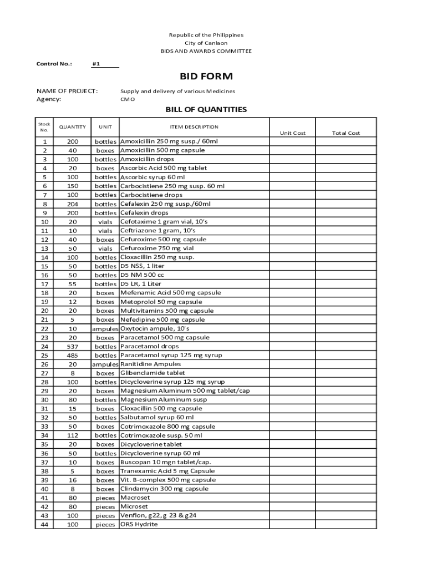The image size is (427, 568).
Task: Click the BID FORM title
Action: (x=206, y=77)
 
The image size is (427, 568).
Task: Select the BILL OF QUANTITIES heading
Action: (x=206, y=109)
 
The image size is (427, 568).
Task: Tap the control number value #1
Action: (x=96, y=64)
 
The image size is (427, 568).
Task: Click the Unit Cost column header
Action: (x=292, y=133)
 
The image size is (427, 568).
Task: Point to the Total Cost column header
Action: (x=345, y=133)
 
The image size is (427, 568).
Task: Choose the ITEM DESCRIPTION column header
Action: (x=194, y=127)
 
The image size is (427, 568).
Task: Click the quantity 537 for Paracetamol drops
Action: (x=73, y=347)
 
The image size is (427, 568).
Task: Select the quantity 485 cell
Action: (x=73, y=356)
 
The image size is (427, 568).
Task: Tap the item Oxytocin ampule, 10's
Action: (x=159, y=329)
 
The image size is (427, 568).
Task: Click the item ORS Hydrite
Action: (x=139, y=524)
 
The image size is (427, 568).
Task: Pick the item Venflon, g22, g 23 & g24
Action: (x=158, y=515)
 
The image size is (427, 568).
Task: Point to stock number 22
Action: (x=44, y=329)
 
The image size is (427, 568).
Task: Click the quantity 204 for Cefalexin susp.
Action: (x=73, y=204)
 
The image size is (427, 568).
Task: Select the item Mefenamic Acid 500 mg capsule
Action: (x=170, y=293)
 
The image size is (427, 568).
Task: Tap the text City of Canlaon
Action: (x=206, y=43)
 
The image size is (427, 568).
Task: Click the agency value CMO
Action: (x=127, y=100)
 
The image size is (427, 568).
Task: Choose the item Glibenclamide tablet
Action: (x=152, y=373)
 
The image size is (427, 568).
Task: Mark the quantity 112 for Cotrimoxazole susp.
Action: (x=73, y=435)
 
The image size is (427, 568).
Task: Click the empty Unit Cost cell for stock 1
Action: (x=292, y=141)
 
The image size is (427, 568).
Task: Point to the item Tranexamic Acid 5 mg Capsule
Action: (x=167, y=471)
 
